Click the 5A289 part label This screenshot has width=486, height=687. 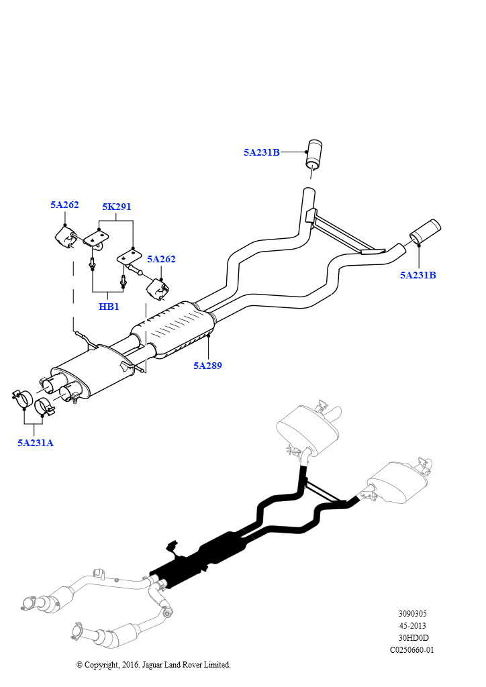(207, 366)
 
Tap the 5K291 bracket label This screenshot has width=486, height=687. (116, 207)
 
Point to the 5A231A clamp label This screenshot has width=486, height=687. (35, 443)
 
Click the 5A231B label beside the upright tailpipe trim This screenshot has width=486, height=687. (261, 152)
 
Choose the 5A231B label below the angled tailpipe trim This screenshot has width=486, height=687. (418, 275)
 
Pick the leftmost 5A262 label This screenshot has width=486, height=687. (64, 205)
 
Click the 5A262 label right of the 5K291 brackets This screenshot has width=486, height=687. (161, 259)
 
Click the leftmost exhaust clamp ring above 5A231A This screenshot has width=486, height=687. (23, 399)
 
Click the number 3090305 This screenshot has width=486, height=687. (412, 614)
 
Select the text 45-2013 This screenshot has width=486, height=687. (412, 626)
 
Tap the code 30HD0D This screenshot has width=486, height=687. (412, 638)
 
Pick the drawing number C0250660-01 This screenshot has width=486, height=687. (412, 650)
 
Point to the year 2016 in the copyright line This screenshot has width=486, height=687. (132, 665)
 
